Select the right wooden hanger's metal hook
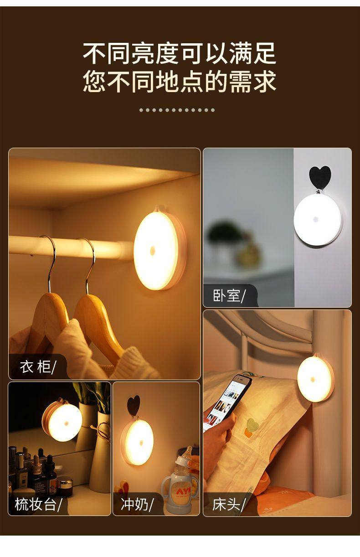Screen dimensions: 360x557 (x=90, y=266)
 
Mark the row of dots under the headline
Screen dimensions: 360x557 (x=177, y=110)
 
